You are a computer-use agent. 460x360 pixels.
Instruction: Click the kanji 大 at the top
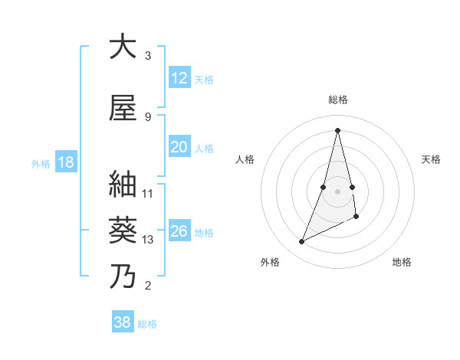pos(123,47)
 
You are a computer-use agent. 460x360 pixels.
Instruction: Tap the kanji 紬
pos(123,185)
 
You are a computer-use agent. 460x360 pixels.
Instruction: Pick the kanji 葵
pos(123,230)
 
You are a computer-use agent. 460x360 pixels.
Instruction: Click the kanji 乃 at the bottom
pos(123,276)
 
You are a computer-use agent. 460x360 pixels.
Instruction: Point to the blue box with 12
pos(179,79)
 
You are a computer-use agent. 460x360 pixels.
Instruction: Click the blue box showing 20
pos(179,148)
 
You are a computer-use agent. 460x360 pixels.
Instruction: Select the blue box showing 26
pos(179,232)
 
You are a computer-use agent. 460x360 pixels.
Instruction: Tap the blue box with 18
pos(64,163)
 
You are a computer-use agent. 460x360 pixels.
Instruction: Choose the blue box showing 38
pos(123,322)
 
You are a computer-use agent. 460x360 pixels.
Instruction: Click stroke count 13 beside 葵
pos(148,240)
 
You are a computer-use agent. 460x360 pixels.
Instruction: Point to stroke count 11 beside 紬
pos(148,193)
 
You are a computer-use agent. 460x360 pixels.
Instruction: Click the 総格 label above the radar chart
pos(337,100)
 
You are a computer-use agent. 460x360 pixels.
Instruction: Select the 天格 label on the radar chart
pos(431,159)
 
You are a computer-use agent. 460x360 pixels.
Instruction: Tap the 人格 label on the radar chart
pos(245,159)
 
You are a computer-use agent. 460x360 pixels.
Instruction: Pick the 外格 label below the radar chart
pos(269,262)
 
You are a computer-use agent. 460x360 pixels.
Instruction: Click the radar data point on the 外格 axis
pos(301,242)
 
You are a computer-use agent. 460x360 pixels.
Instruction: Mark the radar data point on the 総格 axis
pos(337,129)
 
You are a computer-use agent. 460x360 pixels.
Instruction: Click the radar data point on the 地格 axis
pos(357,217)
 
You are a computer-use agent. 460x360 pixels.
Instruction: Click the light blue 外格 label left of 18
pos(41,164)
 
